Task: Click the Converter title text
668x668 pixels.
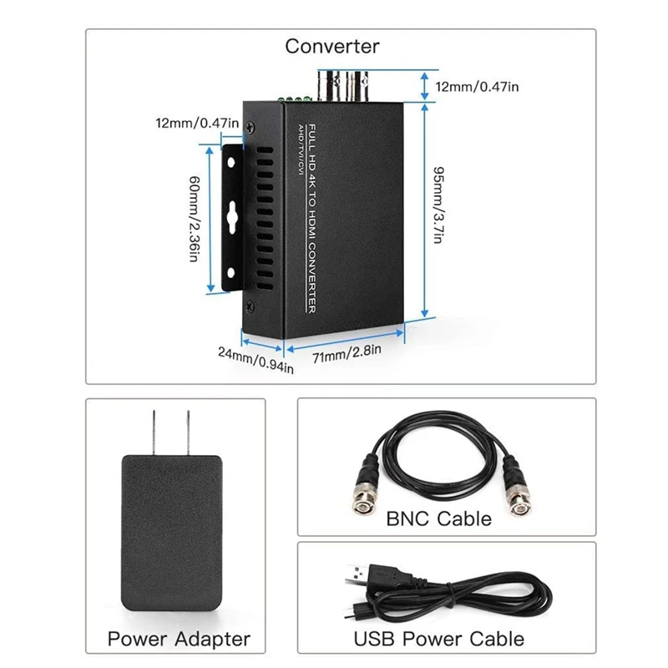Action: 332,46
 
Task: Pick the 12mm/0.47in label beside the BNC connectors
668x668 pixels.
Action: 478,85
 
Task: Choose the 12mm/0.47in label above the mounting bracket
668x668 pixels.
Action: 198,124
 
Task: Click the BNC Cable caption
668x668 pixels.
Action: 438,519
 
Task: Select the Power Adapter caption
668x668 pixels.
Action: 179,639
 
